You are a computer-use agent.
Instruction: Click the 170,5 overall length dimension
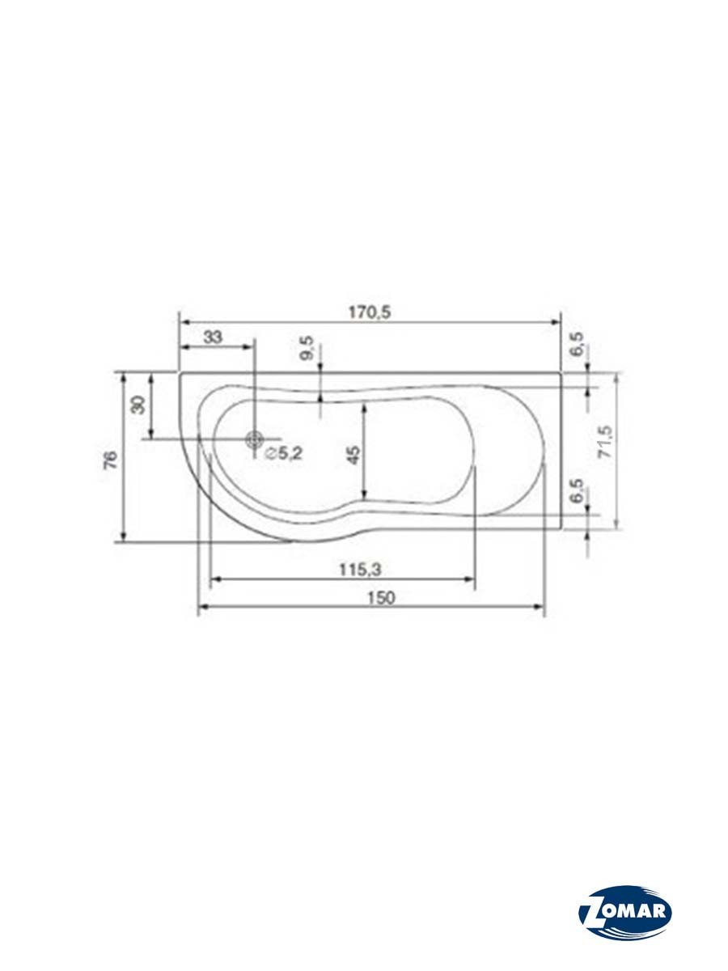coord(370,313)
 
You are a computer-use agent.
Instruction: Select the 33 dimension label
coord(213,337)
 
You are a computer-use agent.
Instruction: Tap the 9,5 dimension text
coord(307,348)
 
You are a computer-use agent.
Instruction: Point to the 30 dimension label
coord(139,405)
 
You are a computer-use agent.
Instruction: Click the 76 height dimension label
coord(112,460)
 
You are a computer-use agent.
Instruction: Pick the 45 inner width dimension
coord(354,456)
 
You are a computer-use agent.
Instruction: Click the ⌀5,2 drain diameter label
coord(284,452)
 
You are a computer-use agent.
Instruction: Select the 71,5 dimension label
coord(605,441)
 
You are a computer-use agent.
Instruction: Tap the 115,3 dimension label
coord(360,570)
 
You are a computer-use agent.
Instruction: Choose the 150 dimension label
coord(381,598)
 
